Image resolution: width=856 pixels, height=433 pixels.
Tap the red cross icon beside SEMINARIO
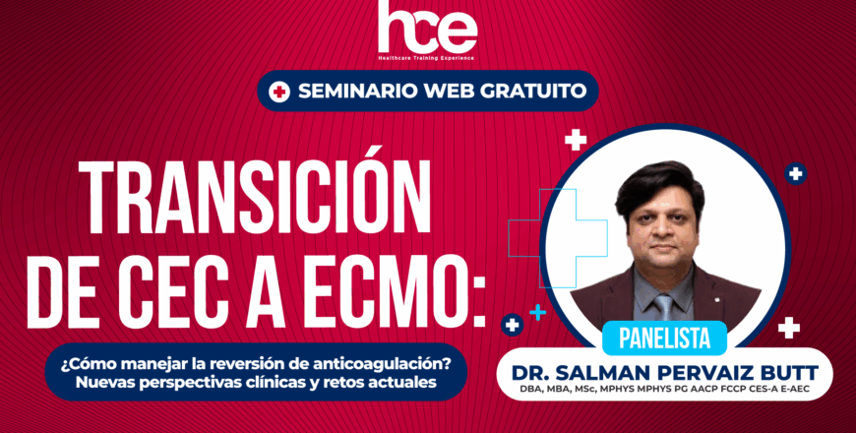point(279,92)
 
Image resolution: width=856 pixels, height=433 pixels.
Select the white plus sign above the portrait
point(576,140)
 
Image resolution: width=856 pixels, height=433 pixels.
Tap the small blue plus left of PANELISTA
point(537,313)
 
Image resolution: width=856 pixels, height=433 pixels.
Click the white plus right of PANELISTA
point(788,328)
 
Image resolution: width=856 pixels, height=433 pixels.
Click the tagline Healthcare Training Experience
point(427,58)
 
